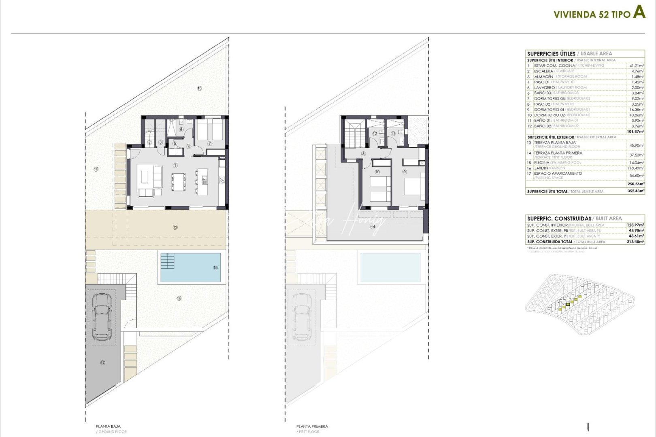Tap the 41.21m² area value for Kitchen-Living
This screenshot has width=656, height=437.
637,66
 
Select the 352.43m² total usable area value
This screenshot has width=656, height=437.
636,191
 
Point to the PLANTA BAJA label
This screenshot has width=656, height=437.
108,426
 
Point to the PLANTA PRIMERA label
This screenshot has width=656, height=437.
312,426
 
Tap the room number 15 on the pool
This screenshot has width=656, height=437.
215,267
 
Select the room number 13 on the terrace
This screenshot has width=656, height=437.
175,227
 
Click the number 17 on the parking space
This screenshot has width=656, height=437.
102,363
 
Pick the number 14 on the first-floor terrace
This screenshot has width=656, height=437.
373,227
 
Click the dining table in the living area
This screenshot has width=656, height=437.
178,182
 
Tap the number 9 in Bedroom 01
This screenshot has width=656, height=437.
404,172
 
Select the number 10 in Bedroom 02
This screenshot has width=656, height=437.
377,172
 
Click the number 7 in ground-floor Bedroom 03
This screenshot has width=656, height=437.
210,143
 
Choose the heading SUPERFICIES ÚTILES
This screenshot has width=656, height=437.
551,53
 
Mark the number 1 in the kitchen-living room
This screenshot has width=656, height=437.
175,165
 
